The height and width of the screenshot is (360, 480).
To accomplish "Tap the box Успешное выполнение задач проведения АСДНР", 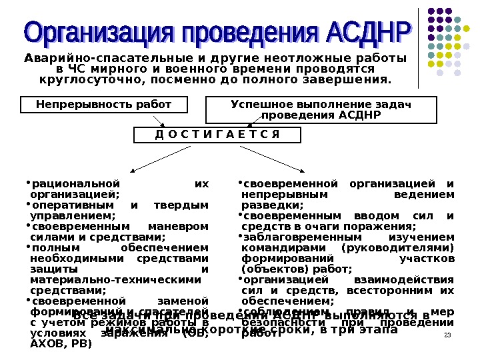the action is tap(321, 110).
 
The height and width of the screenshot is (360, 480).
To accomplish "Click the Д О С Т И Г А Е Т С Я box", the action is tap(217, 135).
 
